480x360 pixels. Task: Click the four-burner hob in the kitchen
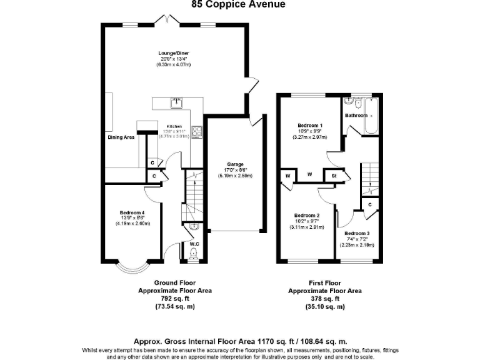click(197, 131)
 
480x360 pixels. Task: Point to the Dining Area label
click(121, 137)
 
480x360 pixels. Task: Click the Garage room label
click(235, 164)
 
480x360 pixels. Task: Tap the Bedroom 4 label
click(132, 212)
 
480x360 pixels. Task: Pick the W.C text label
click(194, 244)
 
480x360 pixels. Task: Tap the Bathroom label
click(356, 116)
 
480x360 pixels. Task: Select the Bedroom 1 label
click(310, 125)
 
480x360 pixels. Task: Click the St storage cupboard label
click(334, 176)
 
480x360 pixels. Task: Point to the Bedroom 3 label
click(357, 233)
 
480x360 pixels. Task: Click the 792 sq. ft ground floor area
click(174, 299)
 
